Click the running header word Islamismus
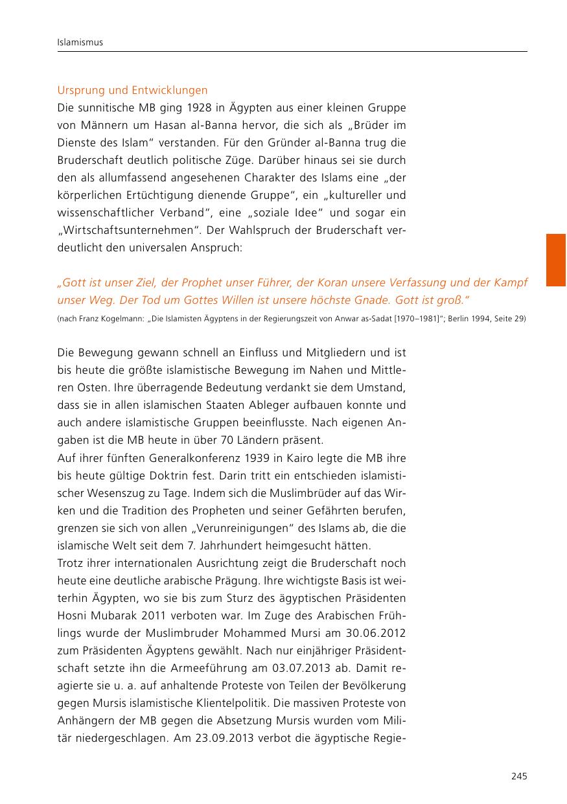(80, 43)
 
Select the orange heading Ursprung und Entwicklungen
(132, 90)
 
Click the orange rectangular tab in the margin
(555, 260)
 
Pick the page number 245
(519, 776)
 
